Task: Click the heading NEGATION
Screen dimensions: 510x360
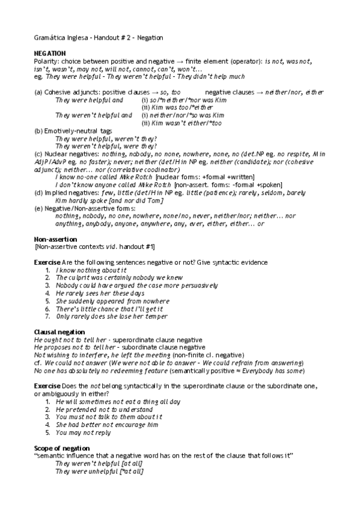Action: [x=50, y=54]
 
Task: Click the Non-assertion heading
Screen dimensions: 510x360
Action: [x=56, y=239]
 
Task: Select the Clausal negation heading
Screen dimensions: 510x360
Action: [x=59, y=332]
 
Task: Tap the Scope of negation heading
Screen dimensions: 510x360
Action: [x=62, y=448]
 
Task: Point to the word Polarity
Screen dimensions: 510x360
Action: [x=46, y=61]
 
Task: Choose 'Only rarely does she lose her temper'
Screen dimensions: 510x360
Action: [x=111, y=316]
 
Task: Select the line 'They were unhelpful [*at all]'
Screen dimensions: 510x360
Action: [x=99, y=472]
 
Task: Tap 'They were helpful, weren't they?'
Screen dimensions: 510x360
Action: [x=106, y=138]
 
